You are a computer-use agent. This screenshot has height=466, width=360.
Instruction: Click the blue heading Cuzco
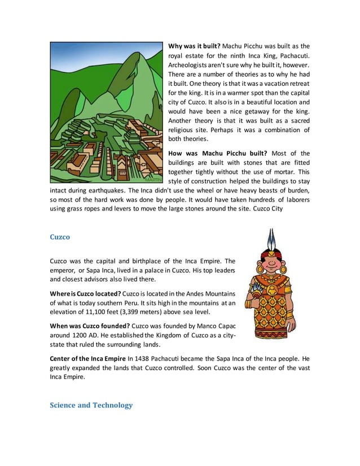(x=60, y=237)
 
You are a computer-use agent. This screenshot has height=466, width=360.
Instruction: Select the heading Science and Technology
(x=91, y=405)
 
